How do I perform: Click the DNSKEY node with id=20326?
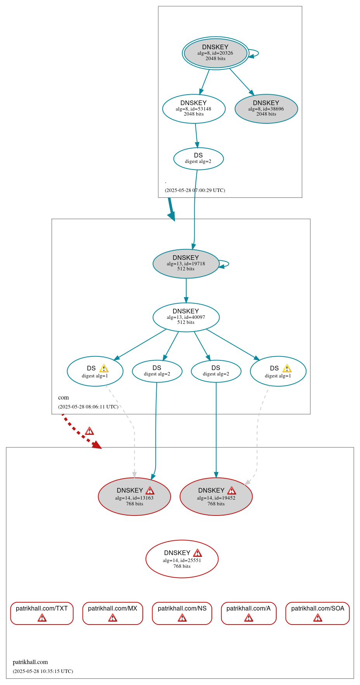215,53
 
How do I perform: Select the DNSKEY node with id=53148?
194,109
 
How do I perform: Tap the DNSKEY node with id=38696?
266,109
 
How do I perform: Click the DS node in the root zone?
198,159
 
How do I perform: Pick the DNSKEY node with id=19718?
186,263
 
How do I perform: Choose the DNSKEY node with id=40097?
186,317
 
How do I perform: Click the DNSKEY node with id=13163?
134,496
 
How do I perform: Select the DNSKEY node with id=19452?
216,496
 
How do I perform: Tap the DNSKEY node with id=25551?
182,559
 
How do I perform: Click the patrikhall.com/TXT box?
42,613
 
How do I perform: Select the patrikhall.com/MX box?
112,613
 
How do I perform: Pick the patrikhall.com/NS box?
182,613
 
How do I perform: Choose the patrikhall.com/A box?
249,613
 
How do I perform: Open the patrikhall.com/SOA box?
317,613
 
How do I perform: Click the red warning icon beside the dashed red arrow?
89,431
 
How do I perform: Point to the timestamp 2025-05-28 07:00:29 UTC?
195,190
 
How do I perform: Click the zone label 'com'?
63,397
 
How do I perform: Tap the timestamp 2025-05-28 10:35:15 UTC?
43,671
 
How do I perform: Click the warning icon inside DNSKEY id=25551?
197,553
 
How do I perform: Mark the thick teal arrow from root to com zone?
171,209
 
